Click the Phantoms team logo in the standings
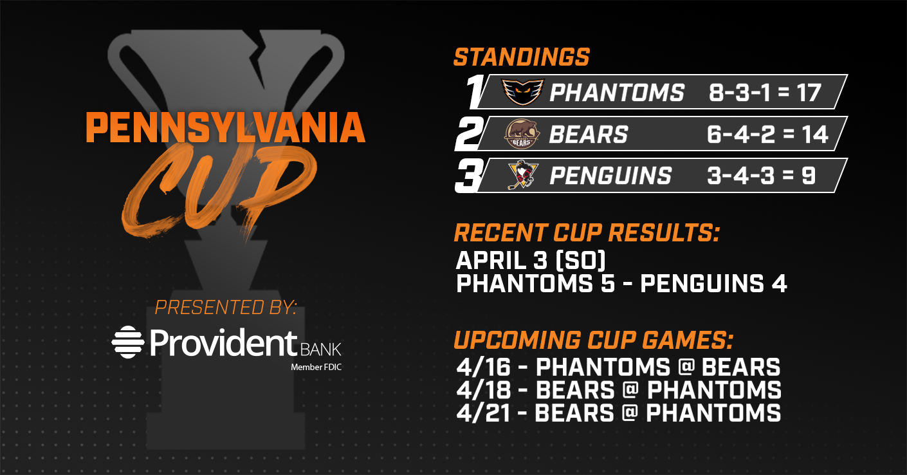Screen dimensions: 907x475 [x=523, y=92]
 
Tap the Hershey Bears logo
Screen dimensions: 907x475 [x=522, y=134]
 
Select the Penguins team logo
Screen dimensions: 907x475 [x=523, y=175]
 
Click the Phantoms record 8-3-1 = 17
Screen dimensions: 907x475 [x=765, y=93]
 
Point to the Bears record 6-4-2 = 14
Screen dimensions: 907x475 [x=767, y=134]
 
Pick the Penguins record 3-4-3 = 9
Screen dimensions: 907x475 [x=761, y=176]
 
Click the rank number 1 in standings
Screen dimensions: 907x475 [x=475, y=91]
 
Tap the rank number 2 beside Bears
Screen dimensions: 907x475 [x=469, y=134]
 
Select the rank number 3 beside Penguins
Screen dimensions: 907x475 [x=470, y=176]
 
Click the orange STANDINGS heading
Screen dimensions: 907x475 [x=522, y=57]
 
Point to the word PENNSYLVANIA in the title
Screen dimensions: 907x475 [x=226, y=127]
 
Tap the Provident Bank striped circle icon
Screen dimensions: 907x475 [x=128, y=342]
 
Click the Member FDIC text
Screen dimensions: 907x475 [x=316, y=368]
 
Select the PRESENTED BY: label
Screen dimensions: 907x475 [x=226, y=307]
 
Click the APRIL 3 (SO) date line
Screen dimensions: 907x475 [x=531, y=260]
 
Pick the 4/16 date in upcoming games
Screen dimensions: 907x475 [x=484, y=368]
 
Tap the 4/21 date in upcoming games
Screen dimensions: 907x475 [x=483, y=413]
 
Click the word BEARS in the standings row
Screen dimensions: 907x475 [x=589, y=134]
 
